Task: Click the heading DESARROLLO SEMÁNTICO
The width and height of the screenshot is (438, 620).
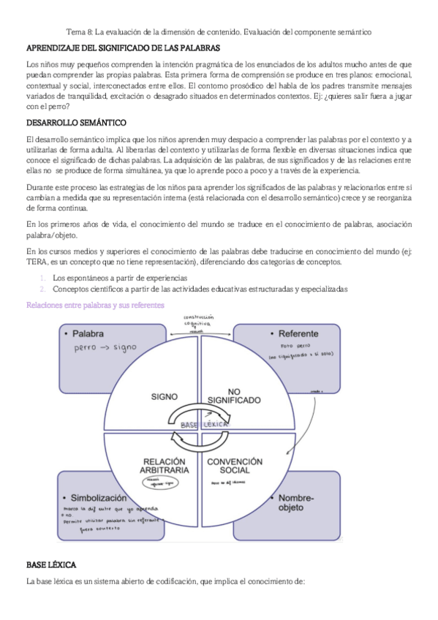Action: click(76, 121)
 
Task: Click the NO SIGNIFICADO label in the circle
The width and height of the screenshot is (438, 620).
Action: click(233, 396)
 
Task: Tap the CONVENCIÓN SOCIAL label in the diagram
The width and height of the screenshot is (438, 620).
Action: click(235, 466)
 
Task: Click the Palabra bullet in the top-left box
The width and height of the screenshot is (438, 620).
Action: click(88, 333)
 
